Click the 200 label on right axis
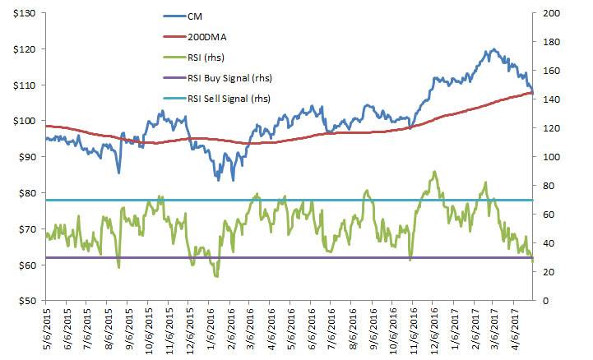549,12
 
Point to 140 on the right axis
549,99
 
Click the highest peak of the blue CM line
493,49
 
